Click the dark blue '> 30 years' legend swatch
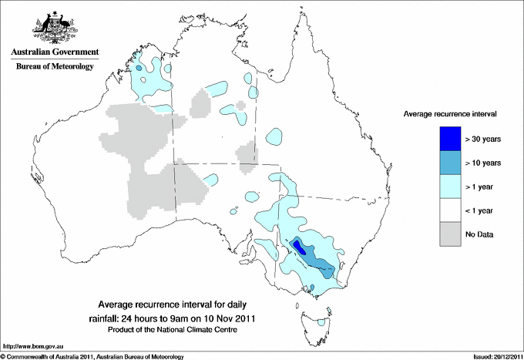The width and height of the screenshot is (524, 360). (x=451, y=139)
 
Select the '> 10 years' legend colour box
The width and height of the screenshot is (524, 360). (x=451, y=163)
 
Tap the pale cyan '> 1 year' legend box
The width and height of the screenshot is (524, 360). (x=451, y=187)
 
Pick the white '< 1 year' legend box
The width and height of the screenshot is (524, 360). (x=451, y=210)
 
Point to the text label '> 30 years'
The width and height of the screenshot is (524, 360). (x=483, y=140)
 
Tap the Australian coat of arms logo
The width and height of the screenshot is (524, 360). (x=54, y=28)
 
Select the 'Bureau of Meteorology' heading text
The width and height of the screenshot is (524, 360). (x=54, y=67)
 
